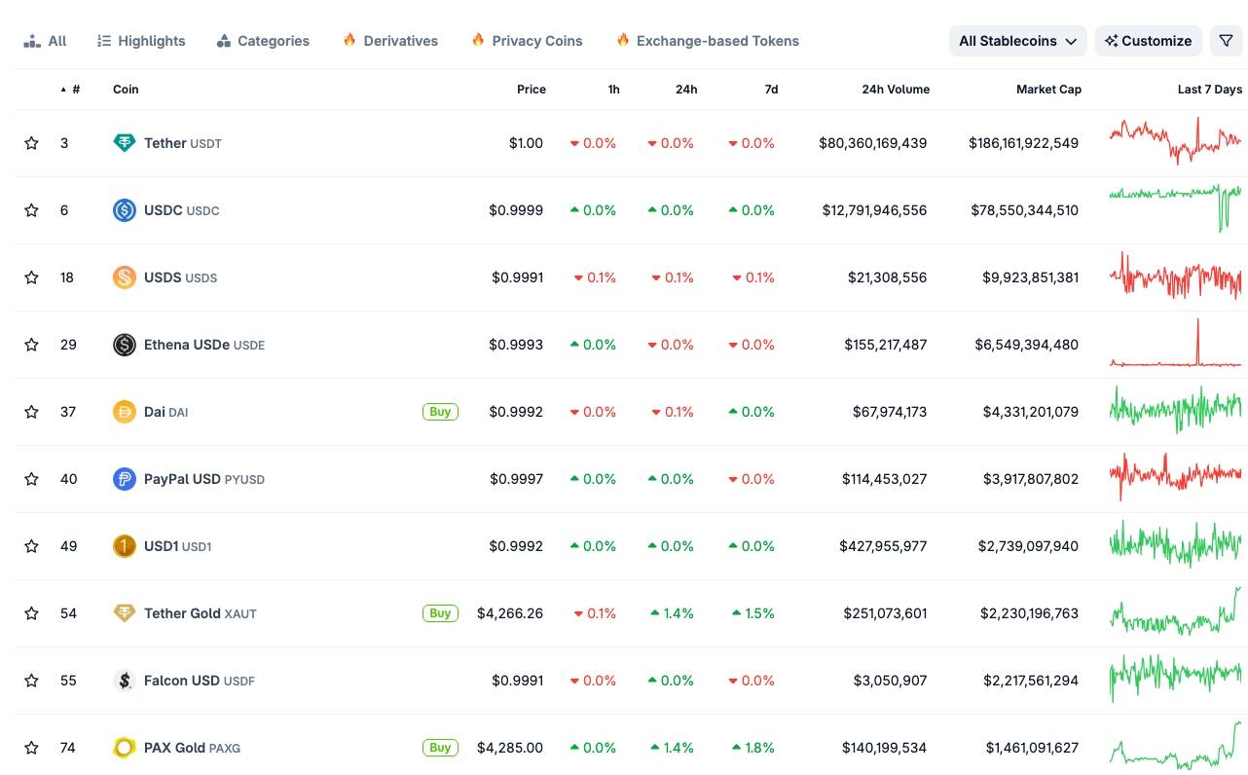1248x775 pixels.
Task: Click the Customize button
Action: click(1148, 41)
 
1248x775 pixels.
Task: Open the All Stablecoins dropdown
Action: click(1017, 41)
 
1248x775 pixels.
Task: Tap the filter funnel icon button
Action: click(1226, 41)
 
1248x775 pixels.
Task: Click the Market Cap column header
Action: click(1048, 90)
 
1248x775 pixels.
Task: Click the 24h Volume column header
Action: click(895, 90)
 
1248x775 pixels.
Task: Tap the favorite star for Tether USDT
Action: click(31, 143)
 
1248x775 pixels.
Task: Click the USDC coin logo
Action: click(125, 210)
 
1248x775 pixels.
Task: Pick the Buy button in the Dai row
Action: click(440, 412)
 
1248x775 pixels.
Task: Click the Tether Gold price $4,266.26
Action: click(510, 613)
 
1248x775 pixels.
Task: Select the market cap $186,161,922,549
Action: click(1023, 143)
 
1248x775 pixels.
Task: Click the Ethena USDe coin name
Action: click(187, 345)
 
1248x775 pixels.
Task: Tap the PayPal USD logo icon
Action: click(125, 479)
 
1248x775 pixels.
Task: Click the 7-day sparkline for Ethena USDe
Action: click(1175, 345)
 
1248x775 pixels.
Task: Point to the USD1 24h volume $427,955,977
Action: click(883, 546)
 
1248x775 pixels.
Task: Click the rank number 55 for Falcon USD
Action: click(68, 681)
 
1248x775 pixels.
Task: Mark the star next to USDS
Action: click(31, 277)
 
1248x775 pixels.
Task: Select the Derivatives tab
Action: click(390, 41)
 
